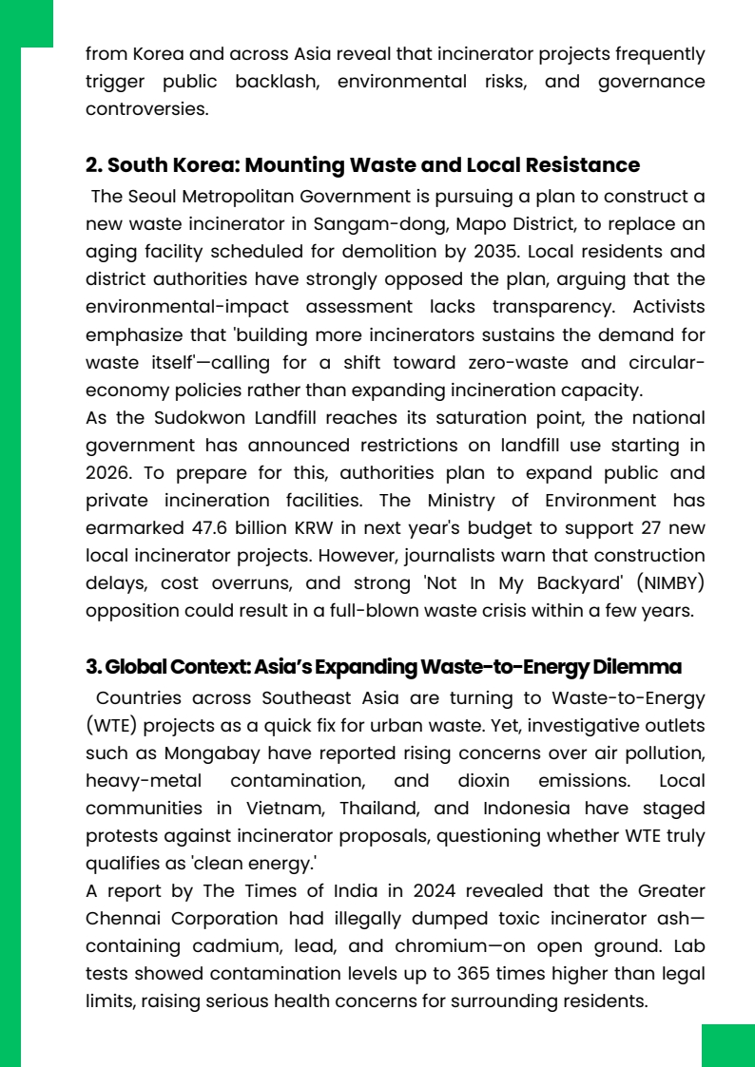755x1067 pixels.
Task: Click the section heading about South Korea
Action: pos(362,165)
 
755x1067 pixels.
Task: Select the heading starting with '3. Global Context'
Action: pos(383,667)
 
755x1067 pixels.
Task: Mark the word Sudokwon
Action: pos(205,418)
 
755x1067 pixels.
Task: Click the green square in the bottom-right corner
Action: pos(727,1045)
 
